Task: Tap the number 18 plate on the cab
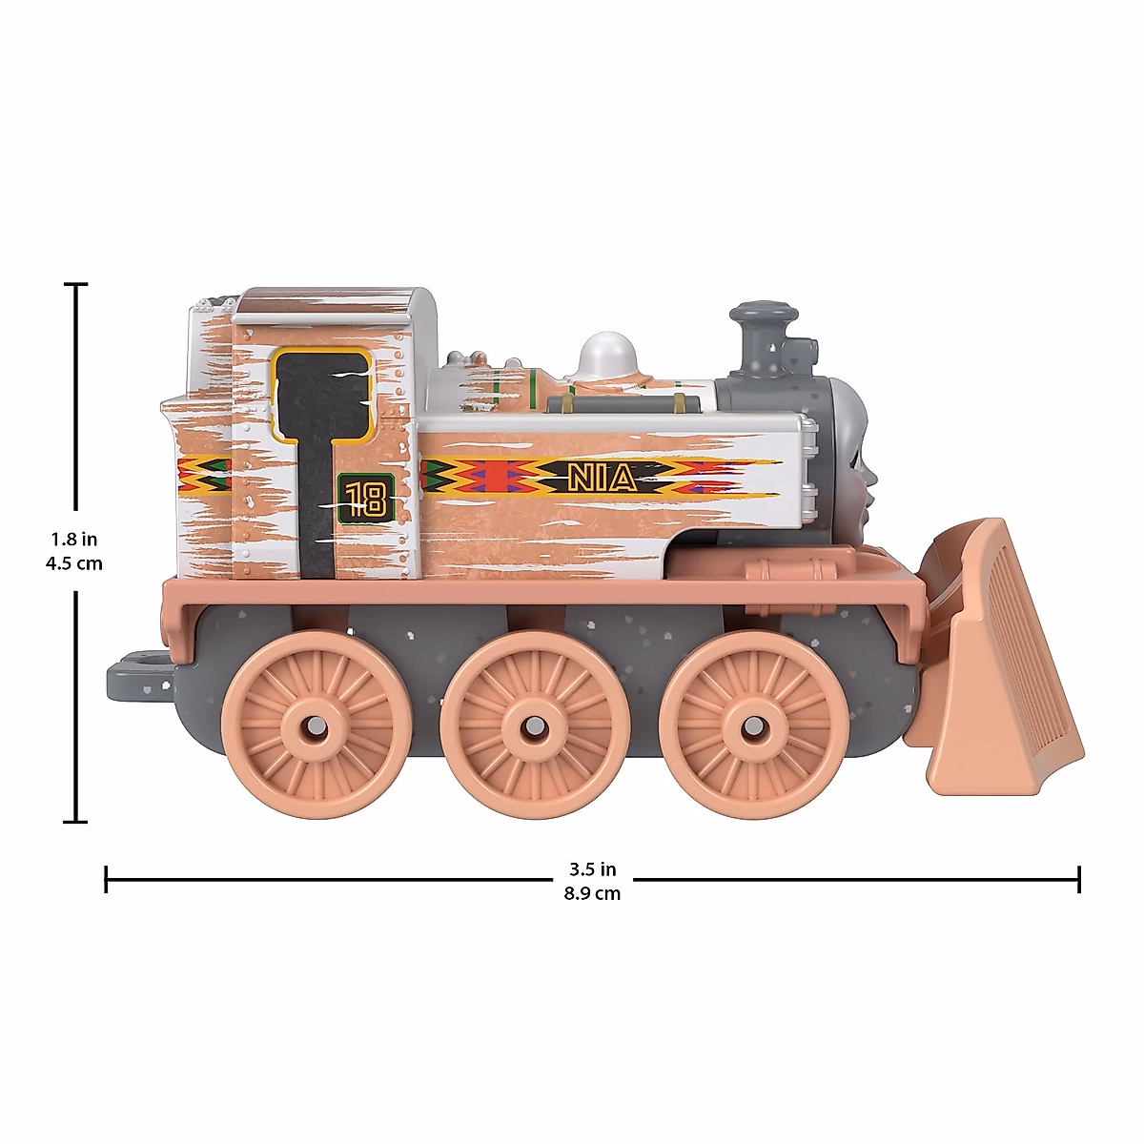tap(366, 499)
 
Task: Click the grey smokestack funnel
tap(765, 340)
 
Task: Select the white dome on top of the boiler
tap(606, 354)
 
